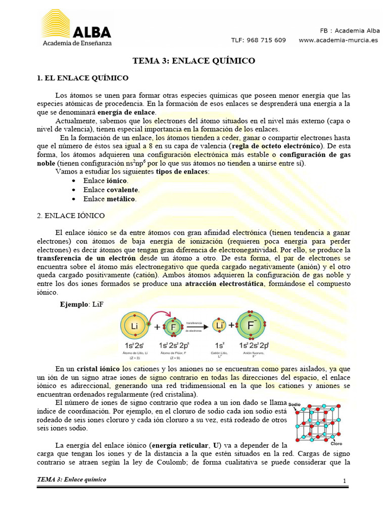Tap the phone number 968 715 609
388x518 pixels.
click(266, 40)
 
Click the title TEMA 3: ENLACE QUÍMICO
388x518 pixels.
click(194, 61)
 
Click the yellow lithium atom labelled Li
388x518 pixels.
click(135, 326)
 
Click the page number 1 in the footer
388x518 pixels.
click(344, 481)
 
